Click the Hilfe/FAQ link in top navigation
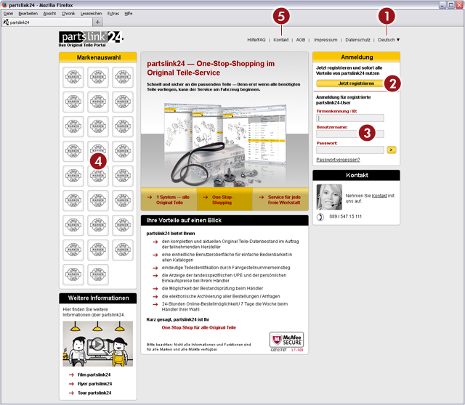pyautogui.click(x=256, y=39)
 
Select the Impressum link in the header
pyautogui.click(x=325, y=39)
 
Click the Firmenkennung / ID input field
pyautogui.click(x=350, y=118)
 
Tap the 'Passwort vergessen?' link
pyautogui.click(x=338, y=160)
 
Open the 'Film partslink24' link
pyautogui.click(x=94, y=375)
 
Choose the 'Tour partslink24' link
pyautogui.click(x=94, y=393)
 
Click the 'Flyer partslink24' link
pyautogui.click(x=94, y=384)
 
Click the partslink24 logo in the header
pyautogui.click(x=91, y=38)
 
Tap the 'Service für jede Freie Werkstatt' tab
pyautogui.click(x=283, y=200)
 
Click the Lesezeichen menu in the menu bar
pyautogui.click(x=91, y=14)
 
